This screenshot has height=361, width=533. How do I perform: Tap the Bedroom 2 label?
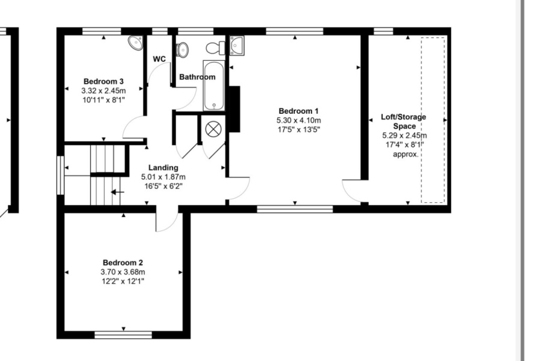coord(123,262)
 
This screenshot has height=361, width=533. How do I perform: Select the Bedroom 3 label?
coord(103,81)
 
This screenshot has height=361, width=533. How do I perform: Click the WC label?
coord(159,59)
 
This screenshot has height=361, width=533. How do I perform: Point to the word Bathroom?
coord(197,77)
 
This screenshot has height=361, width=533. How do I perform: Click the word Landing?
coord(163,167)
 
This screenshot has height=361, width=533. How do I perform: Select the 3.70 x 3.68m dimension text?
coord(123,272)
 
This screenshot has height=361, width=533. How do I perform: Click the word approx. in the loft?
coord(405,154)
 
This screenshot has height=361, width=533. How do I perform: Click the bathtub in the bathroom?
coord(214,85)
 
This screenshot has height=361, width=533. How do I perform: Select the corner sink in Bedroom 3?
coord(136,43)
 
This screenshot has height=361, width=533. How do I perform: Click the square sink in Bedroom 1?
coord(236,45)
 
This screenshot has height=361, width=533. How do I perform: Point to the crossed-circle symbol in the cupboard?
coord(213,129)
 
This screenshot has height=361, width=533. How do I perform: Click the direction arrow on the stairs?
coord(118,193)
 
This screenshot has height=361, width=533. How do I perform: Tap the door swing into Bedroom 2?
coord(166,220)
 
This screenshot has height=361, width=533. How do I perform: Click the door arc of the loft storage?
coord(354,191)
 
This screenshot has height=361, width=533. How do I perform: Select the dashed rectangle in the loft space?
coord(433,119)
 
